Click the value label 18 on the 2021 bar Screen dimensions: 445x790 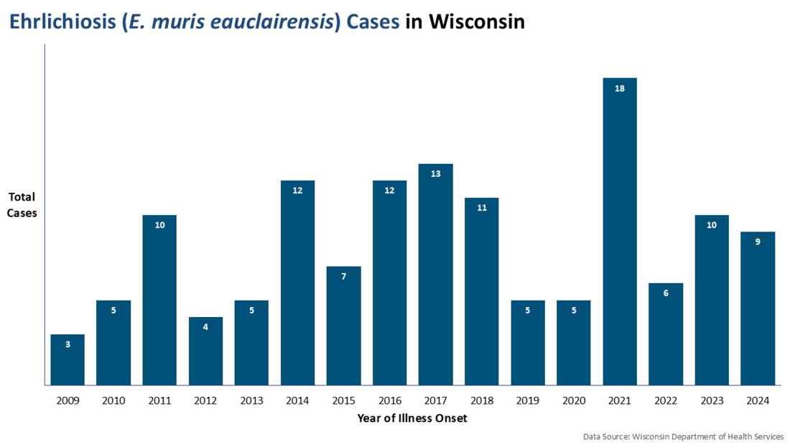620,88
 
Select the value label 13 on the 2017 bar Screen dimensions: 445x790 436,174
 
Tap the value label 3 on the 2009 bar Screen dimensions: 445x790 68,344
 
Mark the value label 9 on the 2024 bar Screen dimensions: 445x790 758,242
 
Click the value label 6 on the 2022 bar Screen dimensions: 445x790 666,293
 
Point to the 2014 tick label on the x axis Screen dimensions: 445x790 297,400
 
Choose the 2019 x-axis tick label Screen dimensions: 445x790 528,400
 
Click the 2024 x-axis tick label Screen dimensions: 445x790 758,400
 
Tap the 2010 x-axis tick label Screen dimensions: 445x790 113,400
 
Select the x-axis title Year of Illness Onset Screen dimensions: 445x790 412,418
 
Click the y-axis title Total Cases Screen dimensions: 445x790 22,205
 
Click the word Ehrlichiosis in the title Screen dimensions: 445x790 60,22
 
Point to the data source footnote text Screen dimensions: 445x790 683,436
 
